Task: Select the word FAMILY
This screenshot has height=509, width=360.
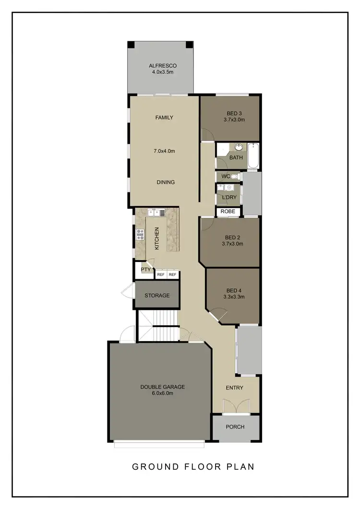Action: click(164, 118)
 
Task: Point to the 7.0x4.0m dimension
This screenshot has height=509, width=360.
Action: click(164, 151)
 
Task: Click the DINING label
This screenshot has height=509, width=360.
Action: click(165, 182)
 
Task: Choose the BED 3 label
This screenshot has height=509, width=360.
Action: click(234, 113)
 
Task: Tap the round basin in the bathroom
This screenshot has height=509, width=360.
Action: click(239, 148)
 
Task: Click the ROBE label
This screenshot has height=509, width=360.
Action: click(227, 212)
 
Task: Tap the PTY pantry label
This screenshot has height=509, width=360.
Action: click(145, 270)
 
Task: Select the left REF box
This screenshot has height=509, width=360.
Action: click(161, 275)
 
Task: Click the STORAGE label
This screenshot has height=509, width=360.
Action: click(157, 296)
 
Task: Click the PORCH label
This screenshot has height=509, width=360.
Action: click(235, 427)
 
